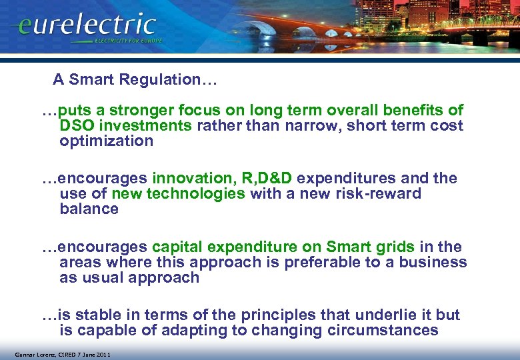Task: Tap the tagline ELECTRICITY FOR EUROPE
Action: coord(128,41)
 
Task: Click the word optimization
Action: coord(106,141)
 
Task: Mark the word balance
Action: coord(89,209)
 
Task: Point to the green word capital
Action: coord(175,247)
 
